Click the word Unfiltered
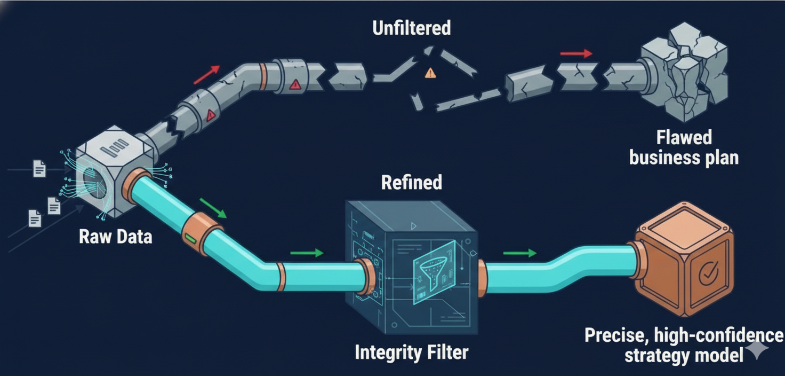pyautogui.click(x=411, y=28)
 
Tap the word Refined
pyautogui.click(x=411, y=183)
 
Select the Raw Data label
pyautogui.click(x=116, y=236)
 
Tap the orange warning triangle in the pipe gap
pyautogui.click(x=430, y=73)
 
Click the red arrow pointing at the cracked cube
pyautogui.click(x=576, y=53)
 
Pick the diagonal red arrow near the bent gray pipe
pyautogui.click(x=206, y=75)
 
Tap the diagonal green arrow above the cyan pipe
pyautogui.click(x=213, y=208)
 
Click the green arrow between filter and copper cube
pyautogui.click(x=520, y=253)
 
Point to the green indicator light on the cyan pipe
pyautogui.click(x=189, y=237)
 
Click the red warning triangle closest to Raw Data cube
pyautogui.click(x=211, y=114)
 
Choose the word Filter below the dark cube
pyautogui.click(x=444, y=352)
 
